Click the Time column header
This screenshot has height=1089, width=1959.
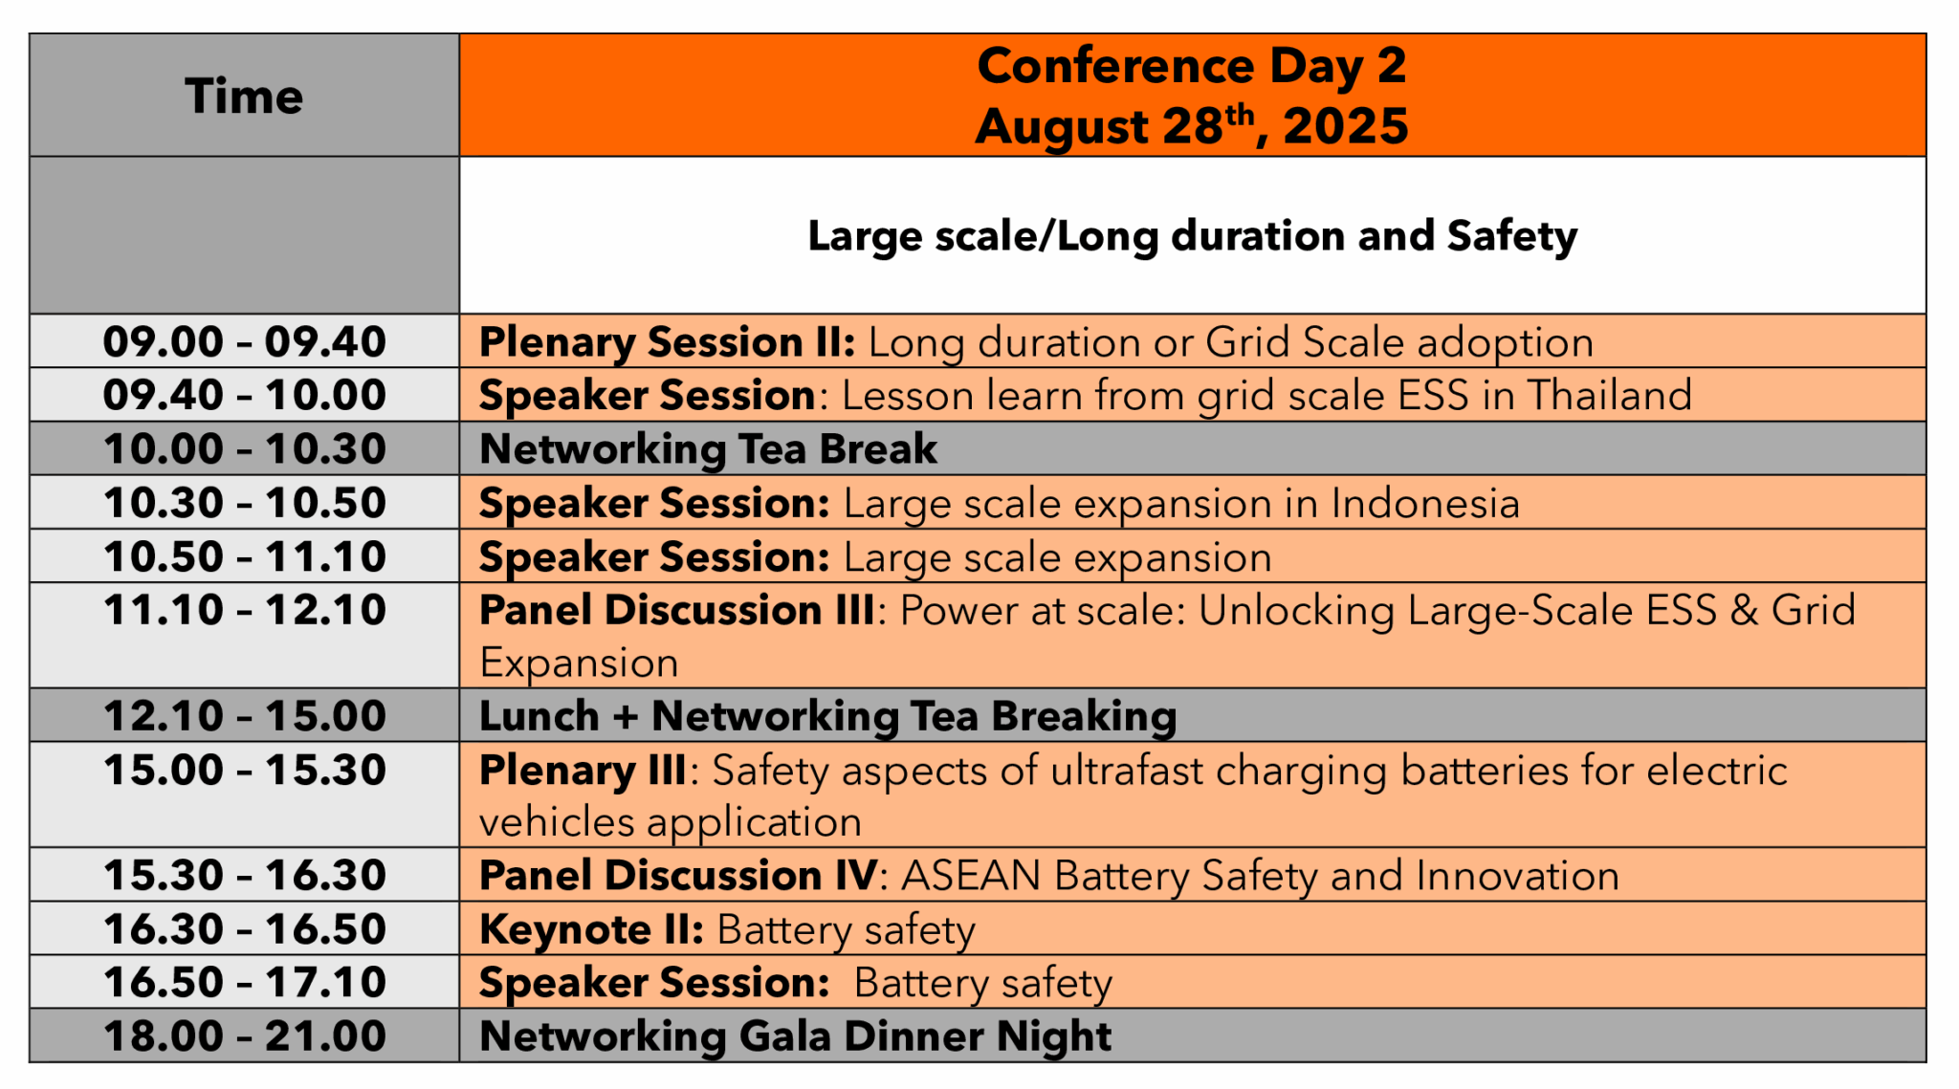244,97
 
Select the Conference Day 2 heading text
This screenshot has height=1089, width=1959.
1191,66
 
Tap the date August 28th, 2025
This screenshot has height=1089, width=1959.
1191,126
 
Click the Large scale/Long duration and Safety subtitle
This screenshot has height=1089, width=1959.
1192,236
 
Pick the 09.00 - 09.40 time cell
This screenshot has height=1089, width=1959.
244,342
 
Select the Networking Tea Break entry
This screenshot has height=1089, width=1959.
708,449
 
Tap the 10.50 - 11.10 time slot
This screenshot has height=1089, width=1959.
244,557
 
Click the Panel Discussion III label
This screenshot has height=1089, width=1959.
676,611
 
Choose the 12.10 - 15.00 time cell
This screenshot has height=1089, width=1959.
244,716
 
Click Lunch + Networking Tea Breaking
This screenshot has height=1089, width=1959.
827,716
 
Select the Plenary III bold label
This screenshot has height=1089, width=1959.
582,771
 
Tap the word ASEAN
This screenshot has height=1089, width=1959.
971,876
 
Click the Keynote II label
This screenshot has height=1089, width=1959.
591,929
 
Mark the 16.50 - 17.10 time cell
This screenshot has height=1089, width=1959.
244,983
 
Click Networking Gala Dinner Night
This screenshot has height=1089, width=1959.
795,1036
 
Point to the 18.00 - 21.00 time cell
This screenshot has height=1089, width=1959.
244,1036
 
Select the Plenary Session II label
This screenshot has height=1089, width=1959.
667,342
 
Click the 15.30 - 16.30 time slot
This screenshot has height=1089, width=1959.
244,876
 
